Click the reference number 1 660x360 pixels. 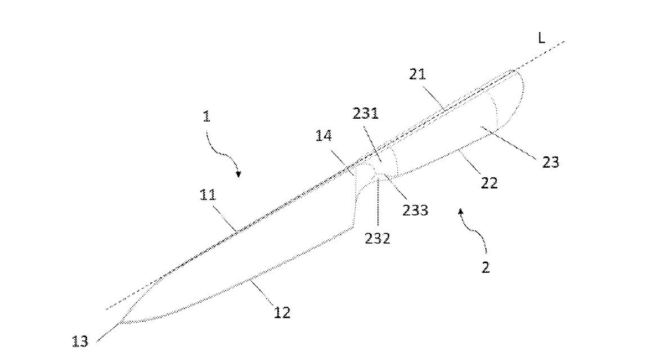(x=206, y=116)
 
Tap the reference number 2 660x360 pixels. (x=486, y=267)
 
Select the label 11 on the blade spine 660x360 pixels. (x=208, y=195)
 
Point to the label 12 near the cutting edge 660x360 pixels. (x=282, y=313)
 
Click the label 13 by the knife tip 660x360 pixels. (x=80, y=341)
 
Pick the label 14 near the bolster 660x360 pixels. (x=324, y=136)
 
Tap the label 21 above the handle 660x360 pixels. (x=417, y=74)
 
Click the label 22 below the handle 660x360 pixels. (x=489, y=183)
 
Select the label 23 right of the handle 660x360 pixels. (x=550, y=162)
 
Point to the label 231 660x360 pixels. (x=365, y=113)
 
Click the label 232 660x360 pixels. (x=378, y=238)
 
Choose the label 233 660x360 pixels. (x=415, y=210)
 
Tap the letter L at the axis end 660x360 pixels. (x=541, y=38)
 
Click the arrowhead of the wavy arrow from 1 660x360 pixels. (x=239, y=174)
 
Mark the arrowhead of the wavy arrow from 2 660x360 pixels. (x=460, y=211)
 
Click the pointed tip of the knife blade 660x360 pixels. (x=120, y=322)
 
